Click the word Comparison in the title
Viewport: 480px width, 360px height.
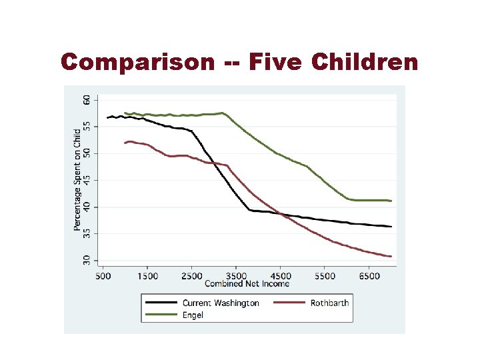pyautogui.click(x=137, y=63)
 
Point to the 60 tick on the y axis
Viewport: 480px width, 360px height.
pyautogui.click(x=87, y=99)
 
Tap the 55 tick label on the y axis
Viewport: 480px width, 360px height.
pyautogui.click(x=87, y=127)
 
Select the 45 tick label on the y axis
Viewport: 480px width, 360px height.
pyautogui.click(x=87, y=180)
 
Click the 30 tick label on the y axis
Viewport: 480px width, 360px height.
pyautogui.click(x=87, y=260)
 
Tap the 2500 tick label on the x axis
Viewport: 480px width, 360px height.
pyautogui.click(x=191, y=275)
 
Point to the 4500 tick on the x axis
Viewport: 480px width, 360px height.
pyautogui.click(x=281, y=275)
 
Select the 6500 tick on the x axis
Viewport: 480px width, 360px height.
pyautogui.click(x=369, y=275)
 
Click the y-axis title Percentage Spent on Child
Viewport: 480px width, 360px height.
pyautogui.click(x=77, y=180)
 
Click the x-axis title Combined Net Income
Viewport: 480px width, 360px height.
pyautogui.click(x=247, y=283)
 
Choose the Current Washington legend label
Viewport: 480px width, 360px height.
pyautogui.click(x=221, y=303)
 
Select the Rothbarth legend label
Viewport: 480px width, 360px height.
pyautogui.click(x=329, y=303)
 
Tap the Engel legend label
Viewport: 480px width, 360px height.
pyautogui.click(x=194, y=315)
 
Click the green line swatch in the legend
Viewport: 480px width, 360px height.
pyautogui.click(x=161, y=315)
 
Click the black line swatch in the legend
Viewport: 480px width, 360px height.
pyautogui.click(x=161, y=303)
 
